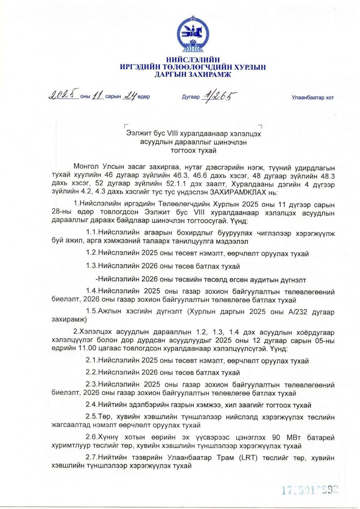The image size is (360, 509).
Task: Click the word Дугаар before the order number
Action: point(190,97)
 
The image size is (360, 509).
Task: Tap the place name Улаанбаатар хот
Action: point(313,98)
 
